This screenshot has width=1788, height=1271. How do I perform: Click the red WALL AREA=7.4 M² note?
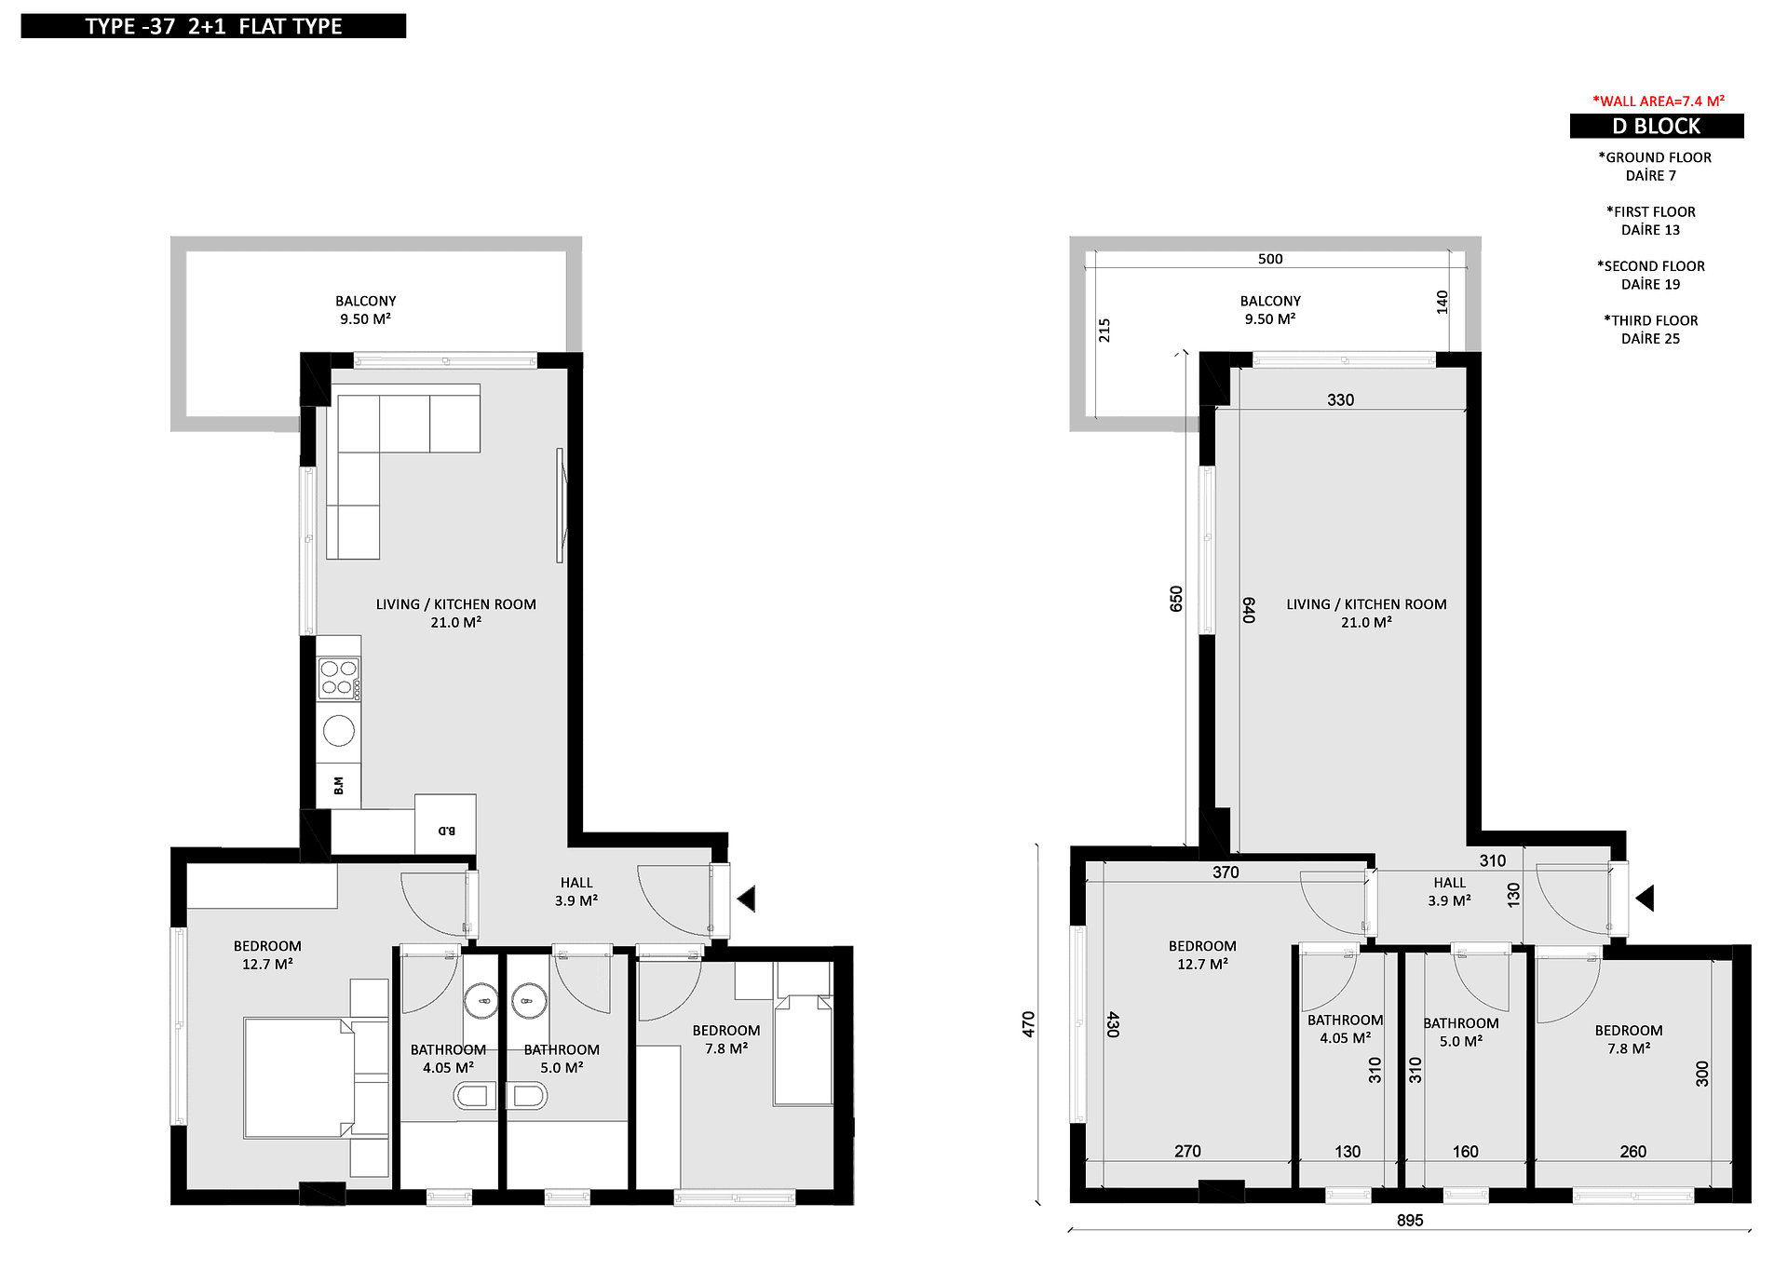point(1659,101)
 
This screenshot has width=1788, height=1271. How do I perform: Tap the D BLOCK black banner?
point(1657,126)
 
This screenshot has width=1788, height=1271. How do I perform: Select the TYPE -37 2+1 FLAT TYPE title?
point(213,26)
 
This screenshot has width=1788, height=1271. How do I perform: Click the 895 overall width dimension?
point(1410,1220)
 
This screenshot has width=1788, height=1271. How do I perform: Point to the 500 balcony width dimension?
point(1270,259)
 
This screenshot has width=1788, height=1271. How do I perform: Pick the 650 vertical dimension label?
point(1176,599)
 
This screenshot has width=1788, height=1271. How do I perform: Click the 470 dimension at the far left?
point(1029,1024)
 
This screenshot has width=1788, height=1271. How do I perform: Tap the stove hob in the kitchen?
point(339,679)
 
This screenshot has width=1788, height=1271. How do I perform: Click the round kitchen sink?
point(339,731)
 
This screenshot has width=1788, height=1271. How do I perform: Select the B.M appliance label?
point(339,786)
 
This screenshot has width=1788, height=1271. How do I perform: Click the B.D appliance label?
point(447,831)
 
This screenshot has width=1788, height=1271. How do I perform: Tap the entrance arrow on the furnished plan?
point(746,899)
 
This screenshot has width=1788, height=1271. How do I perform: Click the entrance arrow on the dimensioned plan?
point(1645,899)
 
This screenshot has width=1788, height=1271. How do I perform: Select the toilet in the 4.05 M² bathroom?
point(474,1096)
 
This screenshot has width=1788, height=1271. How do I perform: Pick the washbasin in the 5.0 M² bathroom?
point(529,1001)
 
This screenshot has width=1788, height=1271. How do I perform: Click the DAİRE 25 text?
point(1650,339)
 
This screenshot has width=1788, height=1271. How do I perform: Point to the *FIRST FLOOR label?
point(1650,212)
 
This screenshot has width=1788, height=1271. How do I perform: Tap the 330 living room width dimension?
point(1340,399)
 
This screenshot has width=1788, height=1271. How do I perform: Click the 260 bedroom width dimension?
point(1632,1152)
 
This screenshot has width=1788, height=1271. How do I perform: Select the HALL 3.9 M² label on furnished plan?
point(576,891)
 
